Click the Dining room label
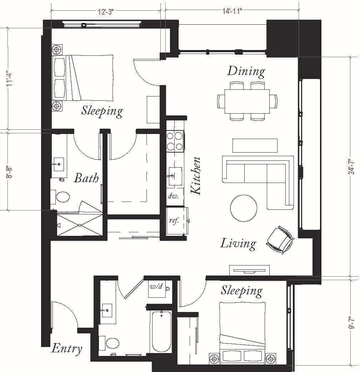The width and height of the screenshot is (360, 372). click(x=246, y=71)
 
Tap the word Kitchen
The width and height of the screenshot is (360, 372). click(x=196, y=176)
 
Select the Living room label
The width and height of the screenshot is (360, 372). click(x=238, y=244)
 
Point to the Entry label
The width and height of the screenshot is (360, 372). click(x=67, y=348)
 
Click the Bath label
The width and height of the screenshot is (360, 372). click(x=86, y=178)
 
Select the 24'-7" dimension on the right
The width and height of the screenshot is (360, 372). click(x=352, y=166)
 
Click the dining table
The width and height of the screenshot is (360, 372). click(x=247, y=101)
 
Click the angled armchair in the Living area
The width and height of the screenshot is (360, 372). click(x=281, y=240)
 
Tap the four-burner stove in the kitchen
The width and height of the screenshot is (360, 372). click(x=175, y=141)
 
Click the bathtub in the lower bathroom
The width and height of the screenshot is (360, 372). click(x=161, y=332)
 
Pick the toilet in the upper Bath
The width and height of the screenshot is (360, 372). click(x=62, y=197)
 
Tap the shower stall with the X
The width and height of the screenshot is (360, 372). click(x=79, y=225)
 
